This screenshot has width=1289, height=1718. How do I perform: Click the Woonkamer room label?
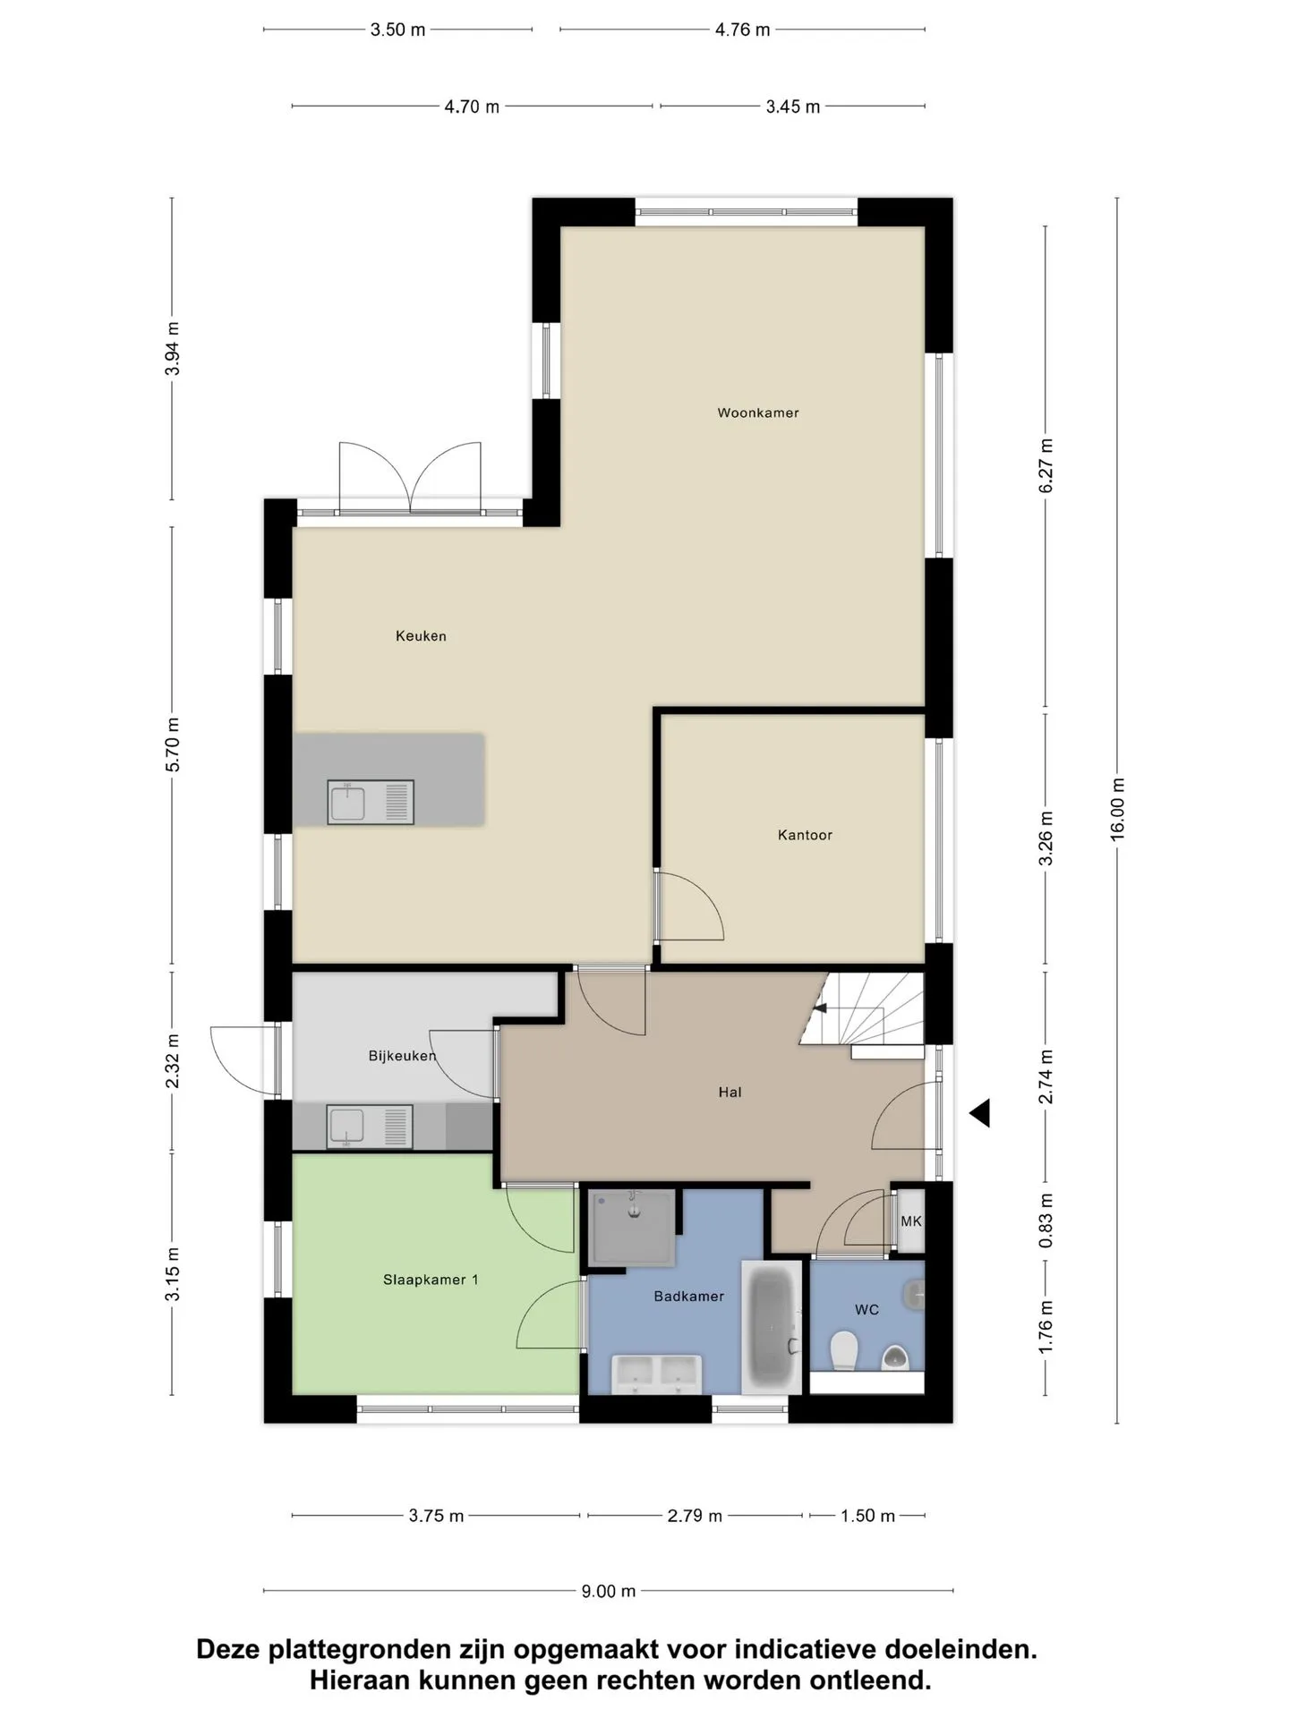click(757, 412)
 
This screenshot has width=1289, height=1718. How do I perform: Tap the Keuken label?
click(421, 636)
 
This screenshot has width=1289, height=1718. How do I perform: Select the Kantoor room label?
click(805, 835)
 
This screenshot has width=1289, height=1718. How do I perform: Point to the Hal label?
click(730, 1092)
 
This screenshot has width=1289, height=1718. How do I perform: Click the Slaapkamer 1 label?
click(431, 1280)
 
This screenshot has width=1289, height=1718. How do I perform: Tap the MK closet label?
click(910, 1221)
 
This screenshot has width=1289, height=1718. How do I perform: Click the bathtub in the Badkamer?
click(771, 1327)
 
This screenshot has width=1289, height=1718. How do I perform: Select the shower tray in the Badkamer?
click(633, 1227)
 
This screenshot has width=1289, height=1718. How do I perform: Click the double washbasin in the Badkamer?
click(656, 1374)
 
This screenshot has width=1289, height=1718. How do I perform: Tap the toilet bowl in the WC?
click(844, 1351)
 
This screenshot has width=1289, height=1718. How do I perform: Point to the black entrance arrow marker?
click(981, 1113)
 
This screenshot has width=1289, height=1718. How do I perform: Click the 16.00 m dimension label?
click(1117, 809)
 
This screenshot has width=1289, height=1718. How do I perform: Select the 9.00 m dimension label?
click(609, 1591)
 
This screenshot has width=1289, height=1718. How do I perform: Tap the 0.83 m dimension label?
click(1046, 1220)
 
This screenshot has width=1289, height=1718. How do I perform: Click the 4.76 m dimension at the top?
click(742, 30)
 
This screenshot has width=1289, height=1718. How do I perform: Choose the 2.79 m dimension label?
click(695, 1516)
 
